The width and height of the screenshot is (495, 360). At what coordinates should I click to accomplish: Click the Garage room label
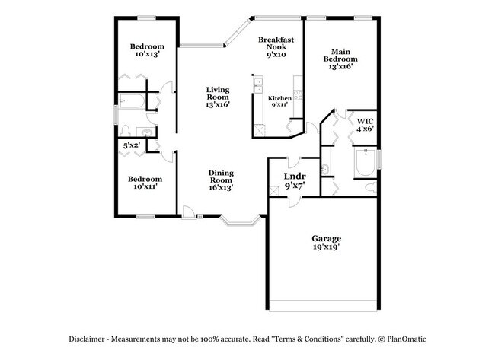(x=325, y=239)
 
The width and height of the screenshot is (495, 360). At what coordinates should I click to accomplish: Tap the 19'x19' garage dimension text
(x=325, y=247)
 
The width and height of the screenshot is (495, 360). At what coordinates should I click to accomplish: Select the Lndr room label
(x=295, y=177)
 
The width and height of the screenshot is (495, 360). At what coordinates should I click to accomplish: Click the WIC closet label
(x=366, y=120)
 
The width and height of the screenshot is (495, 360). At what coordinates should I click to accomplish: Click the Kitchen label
(x=279, y=99)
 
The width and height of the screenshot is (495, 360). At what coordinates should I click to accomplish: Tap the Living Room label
(x=218, y=94)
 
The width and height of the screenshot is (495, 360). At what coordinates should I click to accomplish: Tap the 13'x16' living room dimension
(x=218, y=105)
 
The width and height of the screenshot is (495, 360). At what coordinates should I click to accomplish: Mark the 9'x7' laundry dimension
(x=295, y=186)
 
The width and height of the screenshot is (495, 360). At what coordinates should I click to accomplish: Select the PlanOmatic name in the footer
(x=408, y=339)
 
